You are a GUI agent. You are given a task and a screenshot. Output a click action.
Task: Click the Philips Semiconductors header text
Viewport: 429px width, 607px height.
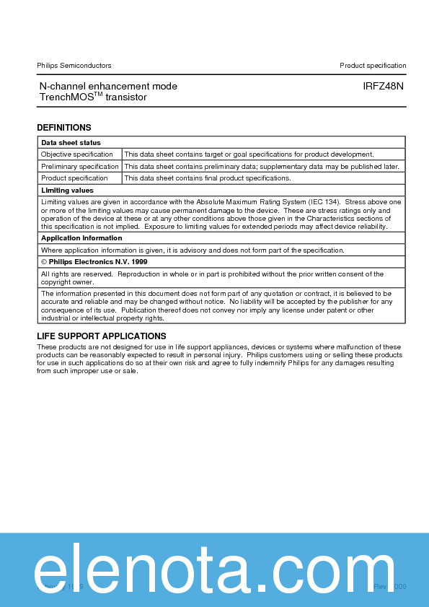(x=74, y=66)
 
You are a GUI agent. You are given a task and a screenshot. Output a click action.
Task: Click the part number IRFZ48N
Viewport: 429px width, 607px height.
(x=384, y=87)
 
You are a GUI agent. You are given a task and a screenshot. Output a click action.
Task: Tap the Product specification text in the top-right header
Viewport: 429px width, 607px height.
(x=373, y=66)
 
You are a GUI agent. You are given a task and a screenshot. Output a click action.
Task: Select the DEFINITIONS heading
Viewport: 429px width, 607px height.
(x=64, y=128)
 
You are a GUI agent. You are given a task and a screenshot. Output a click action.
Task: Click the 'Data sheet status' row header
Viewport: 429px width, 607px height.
(x=71, y=143)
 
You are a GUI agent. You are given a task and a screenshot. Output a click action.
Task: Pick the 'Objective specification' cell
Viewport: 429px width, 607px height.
(x=77, y=154)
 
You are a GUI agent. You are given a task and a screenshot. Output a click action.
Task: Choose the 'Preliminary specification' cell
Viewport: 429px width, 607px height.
(x=80, y=167)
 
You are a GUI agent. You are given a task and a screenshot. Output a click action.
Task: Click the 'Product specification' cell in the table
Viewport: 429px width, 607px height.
(x=74, y=178)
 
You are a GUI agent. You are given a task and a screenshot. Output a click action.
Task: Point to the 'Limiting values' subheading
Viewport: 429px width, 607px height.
(x=67, y=191)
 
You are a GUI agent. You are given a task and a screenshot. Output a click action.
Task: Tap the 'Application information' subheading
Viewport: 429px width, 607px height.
(x=81, y=238)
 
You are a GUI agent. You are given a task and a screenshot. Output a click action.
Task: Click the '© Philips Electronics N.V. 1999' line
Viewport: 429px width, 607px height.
(x=94, y=262)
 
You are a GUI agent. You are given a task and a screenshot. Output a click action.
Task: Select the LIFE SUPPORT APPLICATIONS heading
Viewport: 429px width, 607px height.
(x=102, y=336)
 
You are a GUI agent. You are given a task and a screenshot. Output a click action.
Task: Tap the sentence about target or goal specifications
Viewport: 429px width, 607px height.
(x=249, y=154)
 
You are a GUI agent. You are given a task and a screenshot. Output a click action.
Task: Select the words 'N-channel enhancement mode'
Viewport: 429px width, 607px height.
(x=108, y=87)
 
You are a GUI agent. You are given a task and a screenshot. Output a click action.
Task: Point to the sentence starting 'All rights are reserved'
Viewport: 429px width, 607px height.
(x=212, y=274)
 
